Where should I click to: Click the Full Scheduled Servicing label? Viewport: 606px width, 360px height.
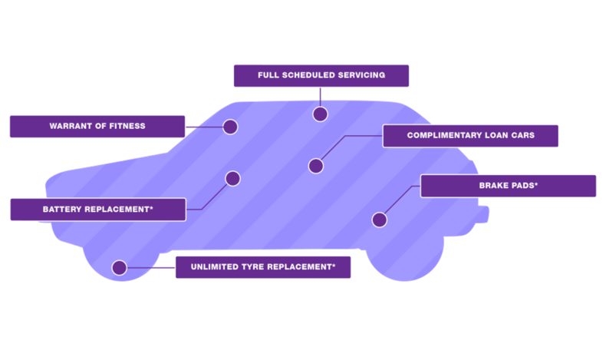click(321, 75)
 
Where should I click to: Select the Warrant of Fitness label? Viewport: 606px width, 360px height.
click(97, 126)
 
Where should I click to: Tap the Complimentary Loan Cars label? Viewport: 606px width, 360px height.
click(470, 136)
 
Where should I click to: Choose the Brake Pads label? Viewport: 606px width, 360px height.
click(508, 186)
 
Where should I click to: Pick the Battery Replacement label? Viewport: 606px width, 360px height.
click(97, 209)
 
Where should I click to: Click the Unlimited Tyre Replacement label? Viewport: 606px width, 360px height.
click(263, 267)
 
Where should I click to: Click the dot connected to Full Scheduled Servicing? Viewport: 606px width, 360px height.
click(320, 114)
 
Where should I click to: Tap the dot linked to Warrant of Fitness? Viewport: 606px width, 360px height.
click(230, 127)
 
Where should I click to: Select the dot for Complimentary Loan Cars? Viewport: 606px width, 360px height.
click(316, 166)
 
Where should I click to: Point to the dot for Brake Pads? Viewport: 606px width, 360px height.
click(379, 220)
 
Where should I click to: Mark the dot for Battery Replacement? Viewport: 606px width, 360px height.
click(232, 179)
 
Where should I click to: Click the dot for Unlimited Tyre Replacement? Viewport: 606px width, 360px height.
click(119, 268)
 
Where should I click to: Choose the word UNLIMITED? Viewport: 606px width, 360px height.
click(216, 267)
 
